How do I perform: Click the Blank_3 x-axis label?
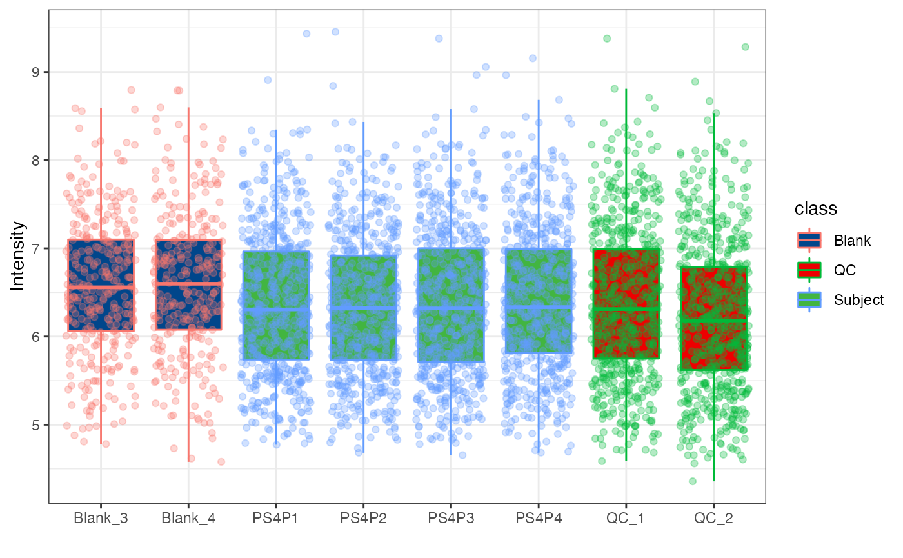click(101, 518)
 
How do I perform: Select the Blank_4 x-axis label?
click(188, 518)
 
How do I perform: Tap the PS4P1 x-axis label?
click(276, 518)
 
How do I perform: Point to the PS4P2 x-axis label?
click(363, 518)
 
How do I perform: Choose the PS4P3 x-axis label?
click(451, 518)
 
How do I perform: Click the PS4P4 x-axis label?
click(539, 518)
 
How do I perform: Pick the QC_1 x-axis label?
click(626, 518)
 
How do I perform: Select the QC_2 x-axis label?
click(713, 518)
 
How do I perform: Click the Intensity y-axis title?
click(18, 256)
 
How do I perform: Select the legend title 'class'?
click(815, 208)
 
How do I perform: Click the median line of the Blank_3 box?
click(101, 286)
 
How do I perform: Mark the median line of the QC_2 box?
click(713, 319)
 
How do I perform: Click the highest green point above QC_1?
click(607, 39)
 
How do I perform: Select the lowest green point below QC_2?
click(693, 481)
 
